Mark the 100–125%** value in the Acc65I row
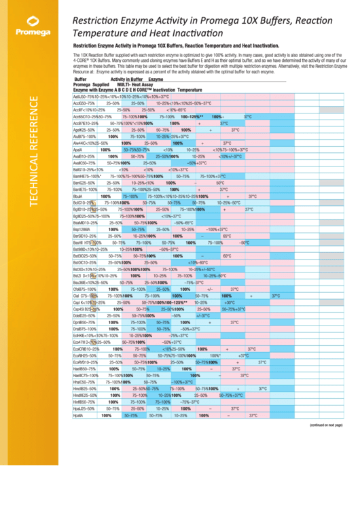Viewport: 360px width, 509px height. (x=197, y=117)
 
